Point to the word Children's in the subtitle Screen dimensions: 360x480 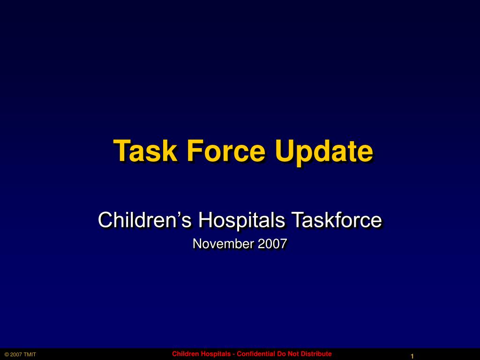pos(144,220)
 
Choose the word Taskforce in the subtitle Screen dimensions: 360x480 pos(336,220)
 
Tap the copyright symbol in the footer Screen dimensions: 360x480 pos(7,354)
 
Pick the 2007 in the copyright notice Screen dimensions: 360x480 pos(16,354)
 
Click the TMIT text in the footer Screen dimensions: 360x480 pos(30,354)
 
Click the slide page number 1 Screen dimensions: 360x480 pos(412,357)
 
